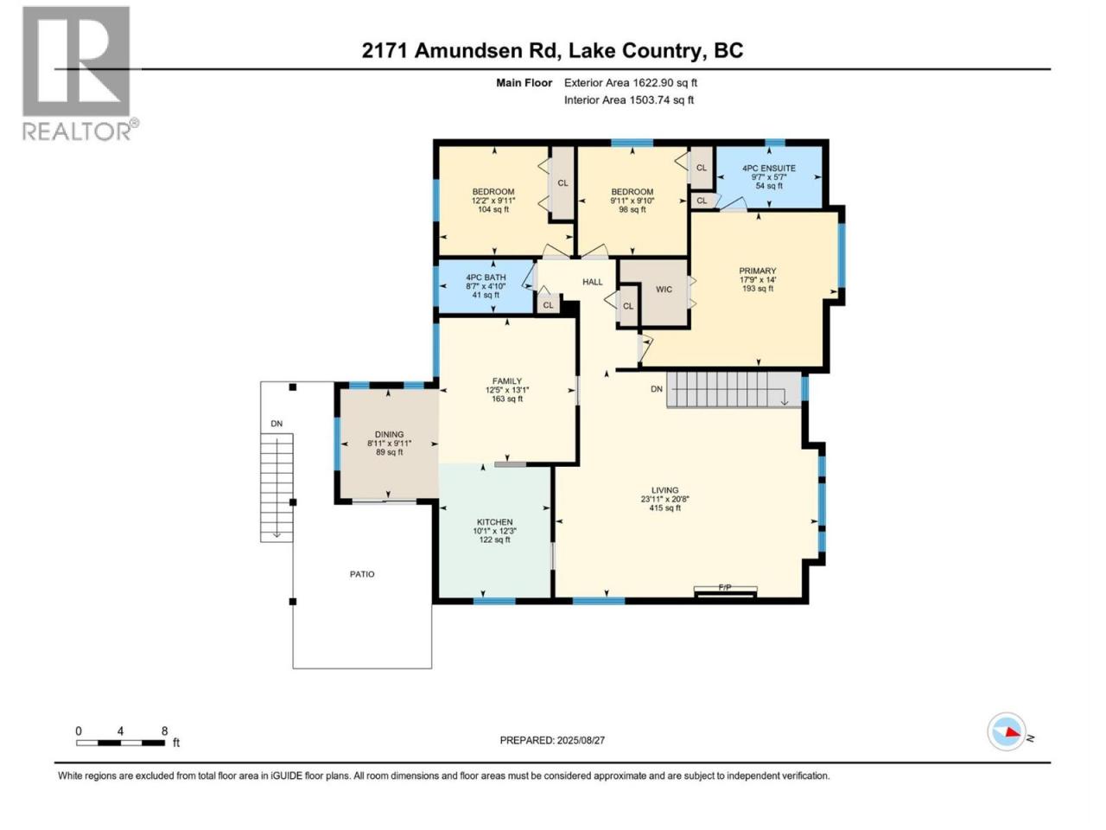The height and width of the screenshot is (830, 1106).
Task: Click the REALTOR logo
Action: coord(80,73)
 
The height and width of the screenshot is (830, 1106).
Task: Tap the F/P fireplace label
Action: coord(725,587)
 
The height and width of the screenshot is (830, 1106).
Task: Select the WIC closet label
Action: coord(664,290)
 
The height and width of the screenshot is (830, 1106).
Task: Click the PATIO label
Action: coord(362,574)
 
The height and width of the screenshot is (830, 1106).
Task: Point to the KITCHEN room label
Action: coord(494,522)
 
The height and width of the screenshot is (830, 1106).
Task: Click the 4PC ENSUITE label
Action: coord(769,169)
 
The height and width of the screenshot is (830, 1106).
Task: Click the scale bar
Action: coord(120,743)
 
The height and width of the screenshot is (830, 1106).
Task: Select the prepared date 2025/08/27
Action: coord(581,740)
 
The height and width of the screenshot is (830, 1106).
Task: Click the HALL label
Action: coord(592,282)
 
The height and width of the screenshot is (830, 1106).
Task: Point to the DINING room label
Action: coord(389,434)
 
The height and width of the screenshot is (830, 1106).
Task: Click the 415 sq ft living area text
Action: coord(664,508)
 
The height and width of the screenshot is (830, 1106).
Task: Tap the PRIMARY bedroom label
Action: coord(757,271)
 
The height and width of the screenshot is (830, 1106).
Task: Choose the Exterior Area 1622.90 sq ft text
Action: coord(631,83)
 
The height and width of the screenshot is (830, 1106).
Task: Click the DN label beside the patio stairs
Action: coord(276,424)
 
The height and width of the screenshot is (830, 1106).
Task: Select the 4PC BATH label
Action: coord(486,278)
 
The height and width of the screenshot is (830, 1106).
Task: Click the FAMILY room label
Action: coord(507,381)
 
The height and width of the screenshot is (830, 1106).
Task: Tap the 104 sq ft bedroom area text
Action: coord(493,209)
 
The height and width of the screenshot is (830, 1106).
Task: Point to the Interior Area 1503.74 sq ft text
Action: coord(629,99)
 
